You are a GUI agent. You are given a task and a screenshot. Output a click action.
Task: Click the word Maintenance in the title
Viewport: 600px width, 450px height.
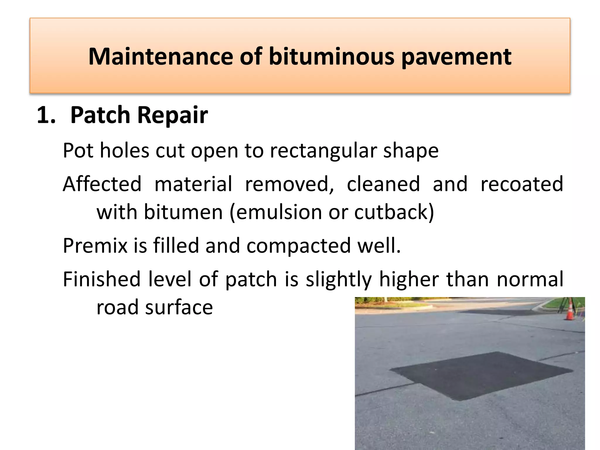pos(161,56)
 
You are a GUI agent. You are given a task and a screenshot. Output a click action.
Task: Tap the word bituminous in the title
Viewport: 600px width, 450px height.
pos(332,56)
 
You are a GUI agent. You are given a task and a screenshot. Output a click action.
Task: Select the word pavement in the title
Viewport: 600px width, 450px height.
pos(456,57)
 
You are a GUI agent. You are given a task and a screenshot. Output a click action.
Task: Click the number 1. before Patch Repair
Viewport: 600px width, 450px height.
pos(46,115)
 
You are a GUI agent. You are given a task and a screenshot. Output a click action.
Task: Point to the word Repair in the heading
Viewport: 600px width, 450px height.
pos(173,115)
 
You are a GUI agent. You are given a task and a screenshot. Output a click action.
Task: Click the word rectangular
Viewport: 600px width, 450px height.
pos(323,151)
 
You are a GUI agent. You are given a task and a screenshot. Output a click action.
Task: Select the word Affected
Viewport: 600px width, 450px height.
pos(102,184)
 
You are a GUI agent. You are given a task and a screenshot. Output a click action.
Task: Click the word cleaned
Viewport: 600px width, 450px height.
pos(383,184)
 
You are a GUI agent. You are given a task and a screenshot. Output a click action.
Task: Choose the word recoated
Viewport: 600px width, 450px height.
pos(522,184)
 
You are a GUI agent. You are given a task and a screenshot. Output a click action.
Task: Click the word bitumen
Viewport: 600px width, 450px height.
pos(183,212)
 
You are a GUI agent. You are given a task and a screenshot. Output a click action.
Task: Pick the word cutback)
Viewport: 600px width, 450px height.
pos(394,212)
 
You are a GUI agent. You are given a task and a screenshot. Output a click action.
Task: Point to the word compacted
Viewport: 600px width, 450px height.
pos(299,246)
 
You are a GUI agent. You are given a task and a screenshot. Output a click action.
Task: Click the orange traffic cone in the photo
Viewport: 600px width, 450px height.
pos(570,310)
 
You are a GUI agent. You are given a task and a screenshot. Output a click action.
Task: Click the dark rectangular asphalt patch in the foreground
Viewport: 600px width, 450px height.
pos(480,375)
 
